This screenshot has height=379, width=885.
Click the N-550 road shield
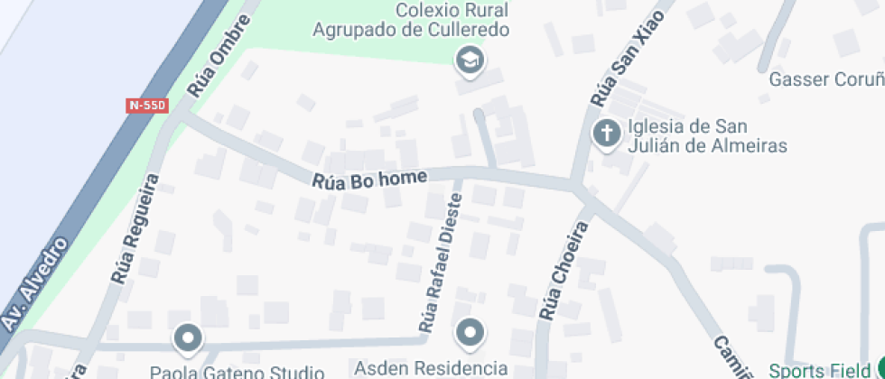[147, 106]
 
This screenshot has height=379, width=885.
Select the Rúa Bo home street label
[368, 179]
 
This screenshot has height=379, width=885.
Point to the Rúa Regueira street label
[135, 229]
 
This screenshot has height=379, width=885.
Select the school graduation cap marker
[470, 61]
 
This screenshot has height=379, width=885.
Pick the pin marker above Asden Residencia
[470, 334]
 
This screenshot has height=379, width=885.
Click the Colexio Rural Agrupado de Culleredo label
[411, 20]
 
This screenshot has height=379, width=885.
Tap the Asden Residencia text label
[431, 368]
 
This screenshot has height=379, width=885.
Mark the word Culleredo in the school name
[461, 29]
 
